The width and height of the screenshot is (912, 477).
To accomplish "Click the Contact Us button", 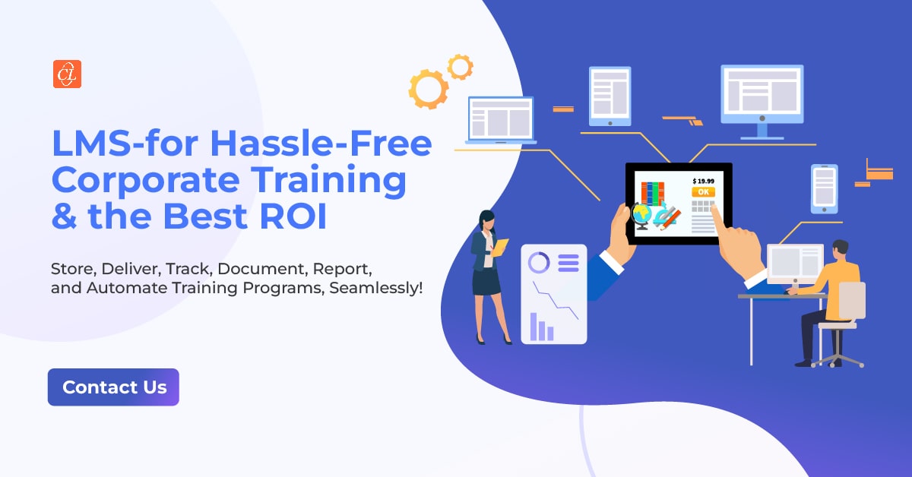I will (113, 387).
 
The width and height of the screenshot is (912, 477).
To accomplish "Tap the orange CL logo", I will (67, 74).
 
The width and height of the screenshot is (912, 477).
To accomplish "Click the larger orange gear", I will (428, 90).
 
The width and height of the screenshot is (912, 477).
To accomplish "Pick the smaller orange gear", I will (460, 67).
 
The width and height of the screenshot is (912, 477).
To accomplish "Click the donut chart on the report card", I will (539, 263).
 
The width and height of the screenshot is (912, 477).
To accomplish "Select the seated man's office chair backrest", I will (851, 300).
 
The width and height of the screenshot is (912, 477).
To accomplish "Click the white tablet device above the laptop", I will (610, 96).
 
